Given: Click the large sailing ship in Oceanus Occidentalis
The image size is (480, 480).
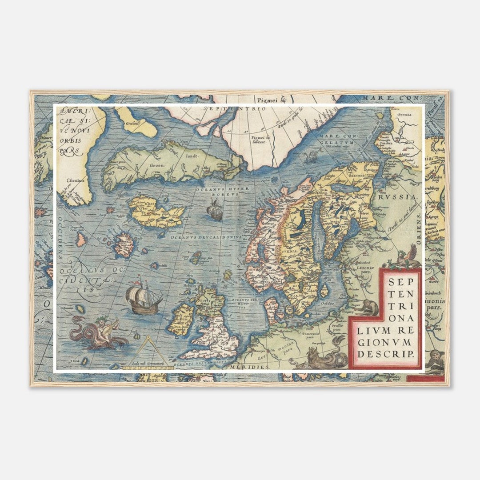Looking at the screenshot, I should (144, 296).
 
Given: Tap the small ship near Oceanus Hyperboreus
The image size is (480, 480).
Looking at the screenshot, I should (215, 209).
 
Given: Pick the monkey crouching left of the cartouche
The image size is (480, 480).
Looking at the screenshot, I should (367, 307).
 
